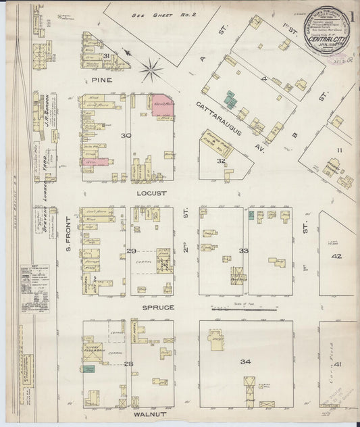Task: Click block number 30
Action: [125, 136]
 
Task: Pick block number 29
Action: [131, 251]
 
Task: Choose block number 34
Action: [245, 362]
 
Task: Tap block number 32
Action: [220, 161]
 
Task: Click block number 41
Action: [337, 365]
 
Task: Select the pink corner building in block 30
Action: [163, 105]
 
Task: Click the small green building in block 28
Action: [89, 369]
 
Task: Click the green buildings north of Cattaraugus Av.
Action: [230, 99]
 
